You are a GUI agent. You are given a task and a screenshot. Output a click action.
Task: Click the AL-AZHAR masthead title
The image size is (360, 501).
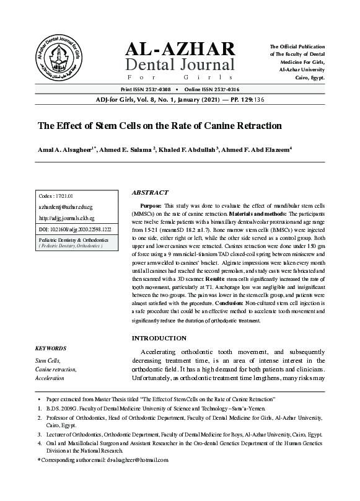(x=180, y=49)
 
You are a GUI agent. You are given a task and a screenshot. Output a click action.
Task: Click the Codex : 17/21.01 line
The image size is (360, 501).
(x=56, y=196)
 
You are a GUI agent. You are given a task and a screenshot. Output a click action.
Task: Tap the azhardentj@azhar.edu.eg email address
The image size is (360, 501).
(x=66, y=207)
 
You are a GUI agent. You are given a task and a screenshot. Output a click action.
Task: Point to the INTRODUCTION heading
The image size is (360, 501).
(x=159, y=338)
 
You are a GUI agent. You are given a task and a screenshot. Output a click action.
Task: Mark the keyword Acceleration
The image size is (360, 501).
(x=50, y=377)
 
